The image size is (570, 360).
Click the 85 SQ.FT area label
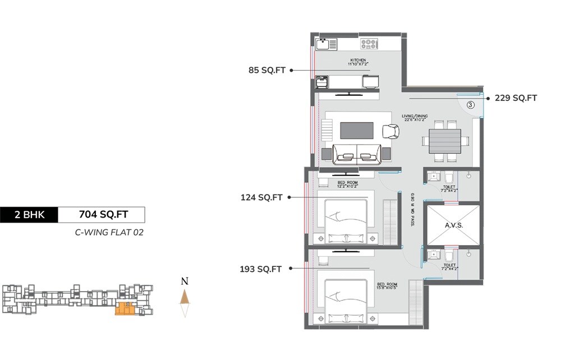[267, 70]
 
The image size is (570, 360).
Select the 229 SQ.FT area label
[516, 98]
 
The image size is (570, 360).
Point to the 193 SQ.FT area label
[260, 269]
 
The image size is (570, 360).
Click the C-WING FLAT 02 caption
[109, 232]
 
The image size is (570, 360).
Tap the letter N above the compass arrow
[184, 281]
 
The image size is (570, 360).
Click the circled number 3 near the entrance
[471, 104]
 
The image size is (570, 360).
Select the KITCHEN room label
[358, 60]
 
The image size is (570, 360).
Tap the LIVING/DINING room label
[414, 117]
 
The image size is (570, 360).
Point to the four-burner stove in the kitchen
[369, 44]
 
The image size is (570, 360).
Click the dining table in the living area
[445, 141]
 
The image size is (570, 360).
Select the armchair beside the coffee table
[390, 132]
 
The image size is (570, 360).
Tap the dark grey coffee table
[357, 130]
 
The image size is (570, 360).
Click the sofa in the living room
[356, 154]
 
